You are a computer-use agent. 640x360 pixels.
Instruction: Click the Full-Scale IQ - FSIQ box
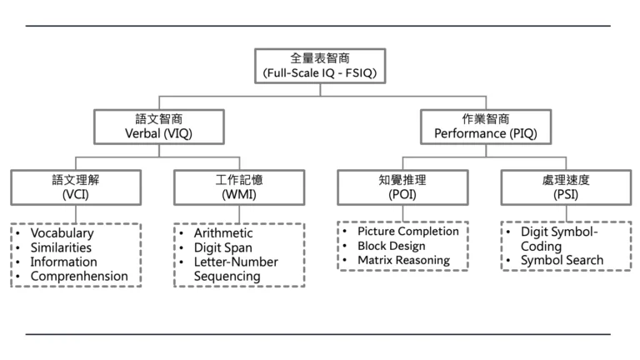(320, 66)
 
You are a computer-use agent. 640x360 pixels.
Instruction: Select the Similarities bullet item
(62, 247)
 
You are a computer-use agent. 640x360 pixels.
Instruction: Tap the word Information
(65, 262)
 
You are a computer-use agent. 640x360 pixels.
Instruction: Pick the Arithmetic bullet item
(223, 233)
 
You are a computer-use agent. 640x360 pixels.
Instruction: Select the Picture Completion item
(408, 231)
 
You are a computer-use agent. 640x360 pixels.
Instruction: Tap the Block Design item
(391, 246)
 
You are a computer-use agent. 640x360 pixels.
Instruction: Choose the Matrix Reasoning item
(403, 260)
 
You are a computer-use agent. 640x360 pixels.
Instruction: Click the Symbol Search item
(562, 262)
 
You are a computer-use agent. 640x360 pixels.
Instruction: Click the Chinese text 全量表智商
(320, 58)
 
